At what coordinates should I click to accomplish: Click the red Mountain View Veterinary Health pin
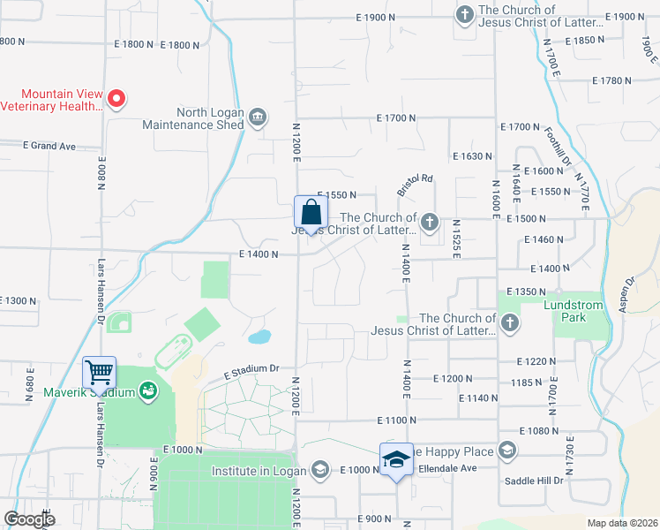tap(116, 98)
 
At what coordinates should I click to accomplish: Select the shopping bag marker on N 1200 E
tap(311, 213)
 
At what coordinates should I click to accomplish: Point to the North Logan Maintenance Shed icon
tap(257, 117)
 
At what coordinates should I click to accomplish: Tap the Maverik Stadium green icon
tap(147, 390)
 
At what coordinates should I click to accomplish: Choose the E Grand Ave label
tap(49, 146)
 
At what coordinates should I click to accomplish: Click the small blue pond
tap(259, 337)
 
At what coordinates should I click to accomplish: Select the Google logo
tap(30, 519)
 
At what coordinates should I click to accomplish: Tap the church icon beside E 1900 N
tap(464, 14)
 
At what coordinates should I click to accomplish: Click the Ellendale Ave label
tap(446, 468)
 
